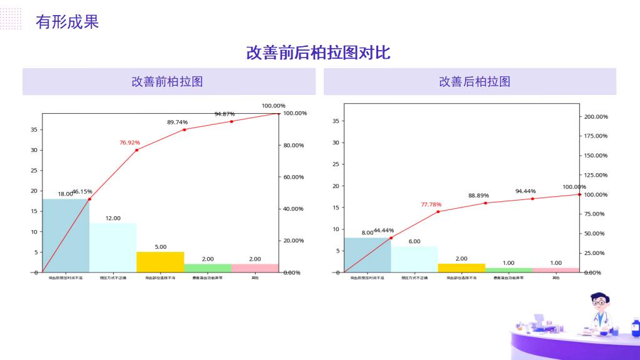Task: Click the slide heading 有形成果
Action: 67,22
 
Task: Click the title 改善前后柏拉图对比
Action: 318,52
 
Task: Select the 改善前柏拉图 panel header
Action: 167,82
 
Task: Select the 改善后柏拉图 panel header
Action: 475,82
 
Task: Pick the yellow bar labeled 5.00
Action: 160,262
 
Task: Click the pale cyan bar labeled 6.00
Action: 414,259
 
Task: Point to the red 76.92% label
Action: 130,142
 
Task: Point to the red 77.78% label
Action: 431,204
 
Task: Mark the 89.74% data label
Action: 177,122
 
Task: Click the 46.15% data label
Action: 82,191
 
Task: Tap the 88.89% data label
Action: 479,196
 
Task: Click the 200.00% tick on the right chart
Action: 596,117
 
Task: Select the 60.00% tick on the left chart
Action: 293,177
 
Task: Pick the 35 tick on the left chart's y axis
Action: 34,130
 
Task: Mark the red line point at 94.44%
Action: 532,199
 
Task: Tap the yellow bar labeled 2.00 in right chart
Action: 461,268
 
